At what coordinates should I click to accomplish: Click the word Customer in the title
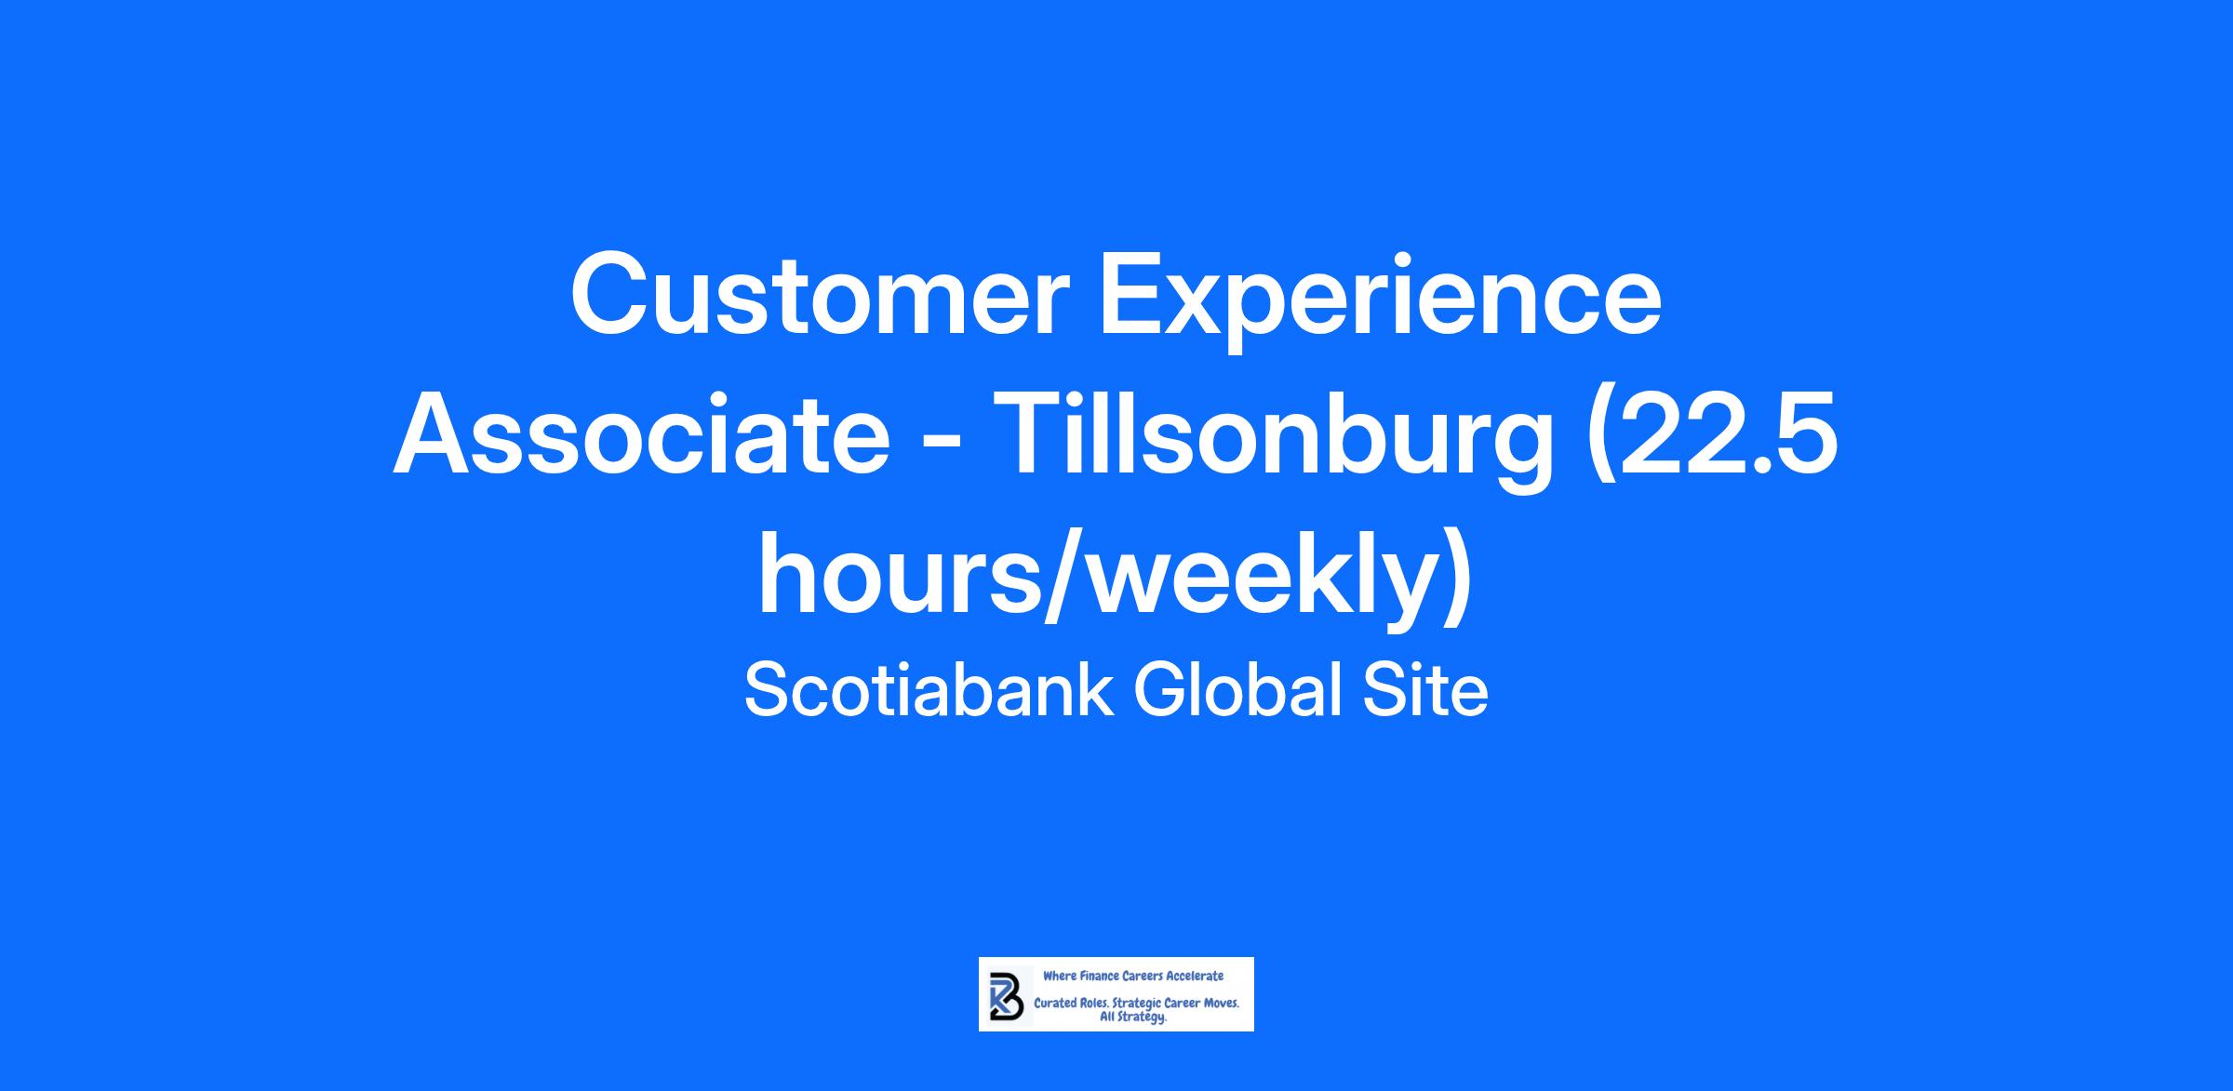pos(820,294)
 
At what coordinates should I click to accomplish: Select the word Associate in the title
pos(641,434)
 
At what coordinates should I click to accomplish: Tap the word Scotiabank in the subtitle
pos(929,690)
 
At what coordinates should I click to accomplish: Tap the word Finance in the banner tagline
pos(1096,977)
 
